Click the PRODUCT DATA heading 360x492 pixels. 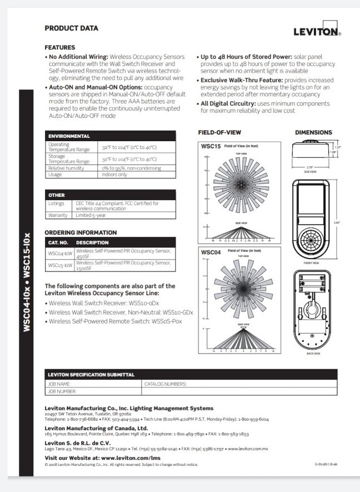point(71,28)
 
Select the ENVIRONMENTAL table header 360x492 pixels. point(69,136)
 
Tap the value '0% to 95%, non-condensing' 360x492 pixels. point(129,167)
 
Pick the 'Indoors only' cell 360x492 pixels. point(114,174)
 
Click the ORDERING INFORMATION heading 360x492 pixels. point(81,232)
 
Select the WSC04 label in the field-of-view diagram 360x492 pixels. point(211,252)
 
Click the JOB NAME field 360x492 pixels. point(93,384)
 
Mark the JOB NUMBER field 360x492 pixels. point(93,391)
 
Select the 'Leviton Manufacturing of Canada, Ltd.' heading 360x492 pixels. point(96,429)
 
